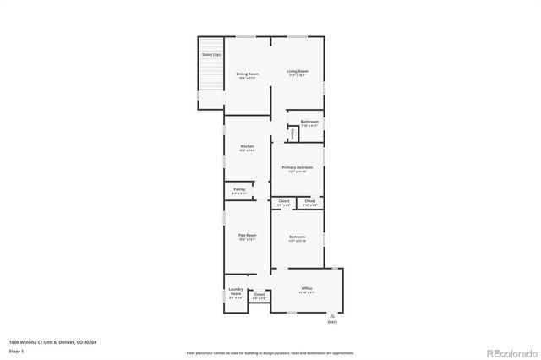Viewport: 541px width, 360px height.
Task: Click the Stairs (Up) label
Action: point(210,55)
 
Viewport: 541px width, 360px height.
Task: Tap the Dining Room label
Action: point(247,74)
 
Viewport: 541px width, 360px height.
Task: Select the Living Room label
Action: point(297,71)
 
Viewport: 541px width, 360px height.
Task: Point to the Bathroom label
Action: point(309,122)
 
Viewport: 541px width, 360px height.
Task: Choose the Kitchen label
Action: point(247,146)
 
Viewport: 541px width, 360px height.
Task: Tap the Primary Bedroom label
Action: point(297,167)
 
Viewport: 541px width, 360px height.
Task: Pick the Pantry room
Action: point(239,191)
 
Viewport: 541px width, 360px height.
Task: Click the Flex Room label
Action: point(247,237)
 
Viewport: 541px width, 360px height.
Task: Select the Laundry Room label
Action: point(236,292)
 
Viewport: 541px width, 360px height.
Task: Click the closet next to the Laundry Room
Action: point(259,296)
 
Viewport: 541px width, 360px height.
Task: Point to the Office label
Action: point(307,288)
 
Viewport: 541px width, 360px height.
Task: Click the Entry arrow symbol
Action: point(331,314)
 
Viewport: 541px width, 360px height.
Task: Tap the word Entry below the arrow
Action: point(331,322)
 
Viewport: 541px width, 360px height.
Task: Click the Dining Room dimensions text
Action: point(247,78)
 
